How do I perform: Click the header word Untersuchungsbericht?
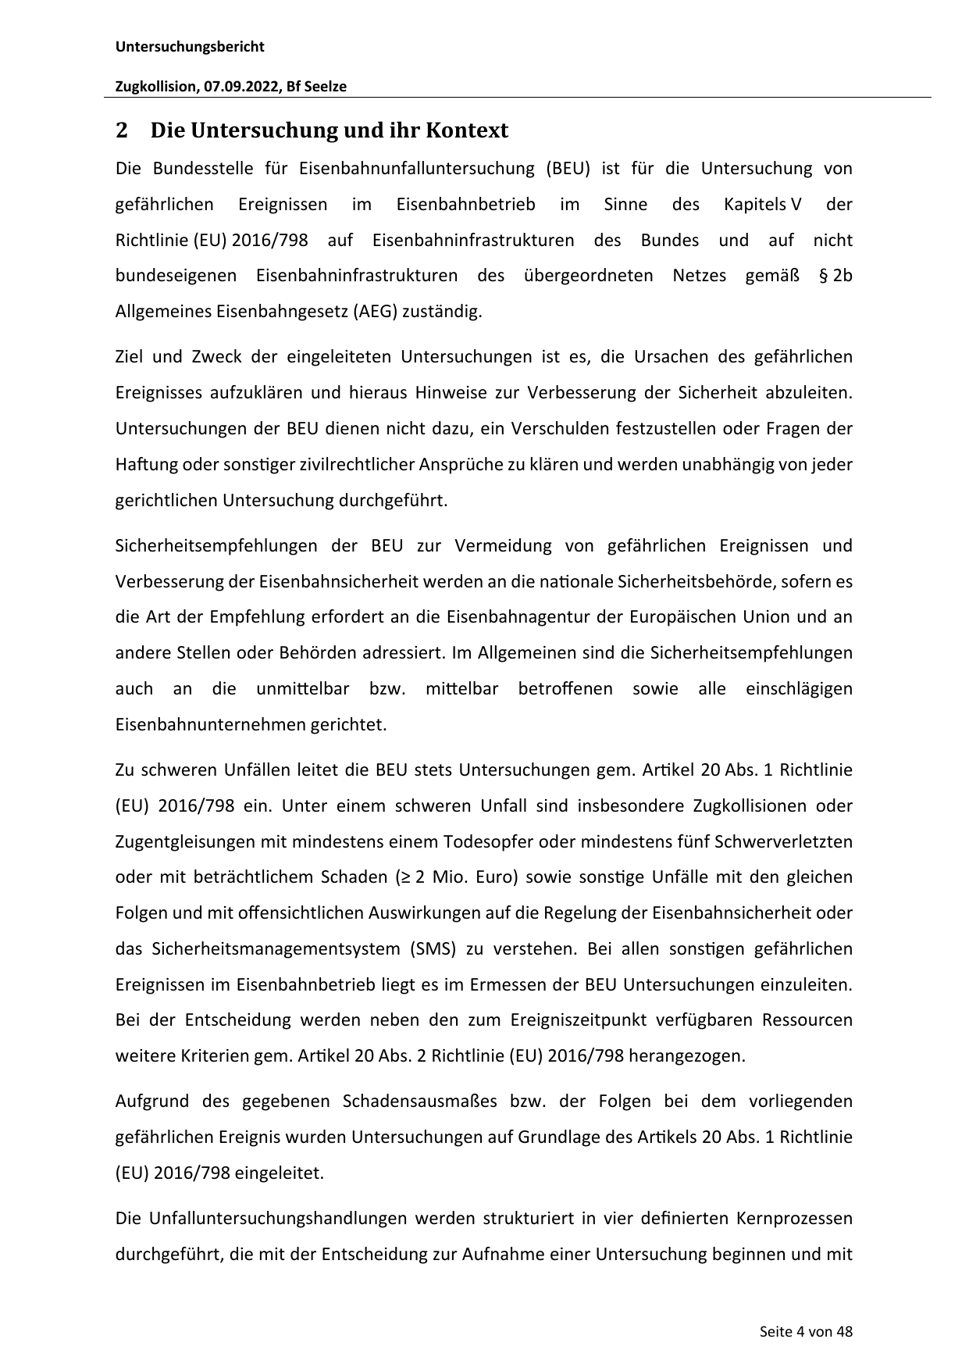(x=190, y=47)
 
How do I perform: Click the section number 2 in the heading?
(x=121, y=130)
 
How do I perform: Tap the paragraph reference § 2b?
(x=835, y=277)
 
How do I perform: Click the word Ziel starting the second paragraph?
(x=129, y=358)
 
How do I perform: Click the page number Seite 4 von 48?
(x=806, y=1332)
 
